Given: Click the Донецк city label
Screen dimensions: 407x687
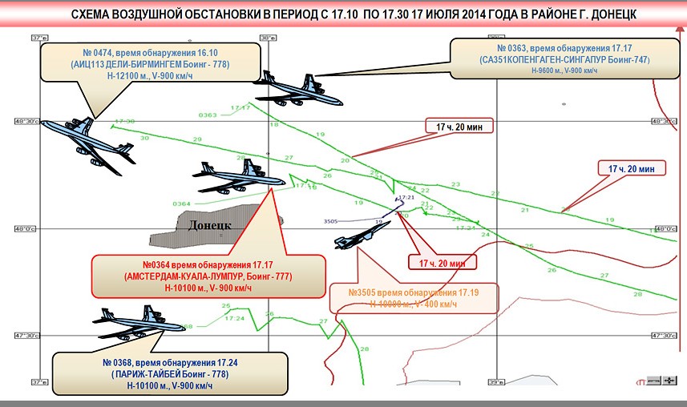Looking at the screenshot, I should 209,225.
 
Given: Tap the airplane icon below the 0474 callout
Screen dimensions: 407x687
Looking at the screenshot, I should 88,142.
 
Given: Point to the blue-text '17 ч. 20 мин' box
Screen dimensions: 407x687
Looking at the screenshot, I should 632,168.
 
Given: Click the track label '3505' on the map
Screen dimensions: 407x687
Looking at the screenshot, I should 330,221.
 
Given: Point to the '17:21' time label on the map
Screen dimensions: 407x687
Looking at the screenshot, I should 406,197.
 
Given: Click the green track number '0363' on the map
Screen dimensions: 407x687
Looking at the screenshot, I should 207,115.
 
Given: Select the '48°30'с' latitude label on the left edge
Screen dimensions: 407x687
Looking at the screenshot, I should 26,122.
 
